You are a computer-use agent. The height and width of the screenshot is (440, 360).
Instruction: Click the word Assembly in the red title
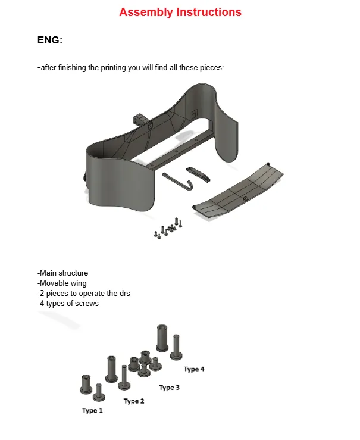[146, 12]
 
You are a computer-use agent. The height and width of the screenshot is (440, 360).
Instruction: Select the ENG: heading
[50, 40]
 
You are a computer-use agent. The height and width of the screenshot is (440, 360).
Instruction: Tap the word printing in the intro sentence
[114, 68]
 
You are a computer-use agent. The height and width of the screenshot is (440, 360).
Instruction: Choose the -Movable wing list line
[62, 283]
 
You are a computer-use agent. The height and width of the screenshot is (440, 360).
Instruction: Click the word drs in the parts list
[124, 294]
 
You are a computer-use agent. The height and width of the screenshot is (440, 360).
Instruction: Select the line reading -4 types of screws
[68, 304]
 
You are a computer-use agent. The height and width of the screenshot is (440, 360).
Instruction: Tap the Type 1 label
[92, 411]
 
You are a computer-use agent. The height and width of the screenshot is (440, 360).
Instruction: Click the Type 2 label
[134, 401]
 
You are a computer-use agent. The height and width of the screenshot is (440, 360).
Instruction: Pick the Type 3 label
[170, 388]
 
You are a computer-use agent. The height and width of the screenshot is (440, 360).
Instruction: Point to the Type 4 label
[194, 369]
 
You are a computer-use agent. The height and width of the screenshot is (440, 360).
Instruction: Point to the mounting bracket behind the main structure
[141, 118]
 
